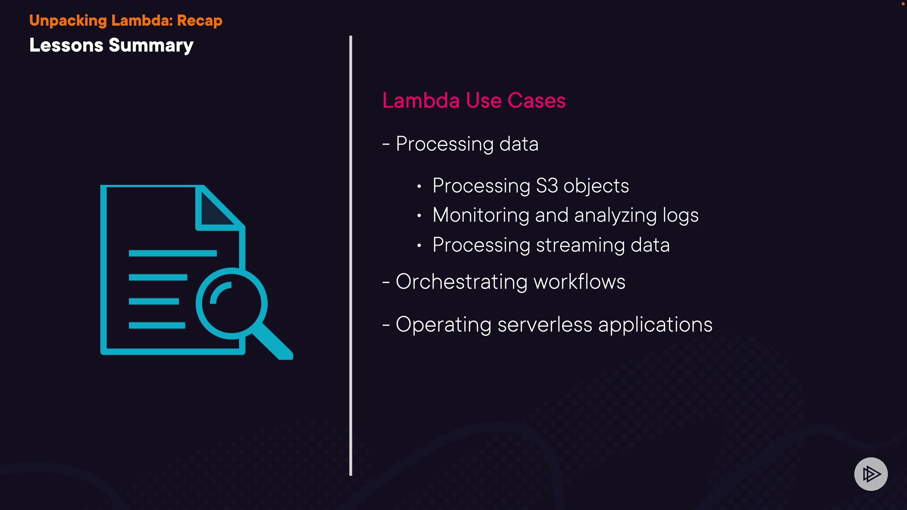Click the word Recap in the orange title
point(199,21)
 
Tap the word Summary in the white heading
point(151,46)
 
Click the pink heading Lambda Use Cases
point(474,101)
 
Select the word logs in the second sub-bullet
point(680,216)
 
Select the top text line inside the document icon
point(172,254)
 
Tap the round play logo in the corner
point(871,474)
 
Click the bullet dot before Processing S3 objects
point(419,187)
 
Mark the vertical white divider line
point(351,255)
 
